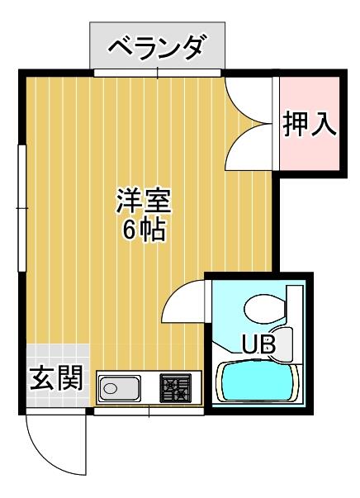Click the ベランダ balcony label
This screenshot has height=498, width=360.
158,48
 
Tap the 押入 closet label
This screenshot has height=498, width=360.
309,124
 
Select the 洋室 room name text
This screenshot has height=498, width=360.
144,201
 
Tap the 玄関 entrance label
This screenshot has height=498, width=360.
56,378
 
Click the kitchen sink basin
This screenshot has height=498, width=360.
120,388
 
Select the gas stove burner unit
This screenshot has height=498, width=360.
176,388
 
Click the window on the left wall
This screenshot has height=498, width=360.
22,208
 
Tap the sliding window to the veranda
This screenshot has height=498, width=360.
158,73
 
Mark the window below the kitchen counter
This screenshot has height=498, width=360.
149,411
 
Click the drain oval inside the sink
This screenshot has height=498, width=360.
110,388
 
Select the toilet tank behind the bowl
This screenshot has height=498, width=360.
295,305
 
